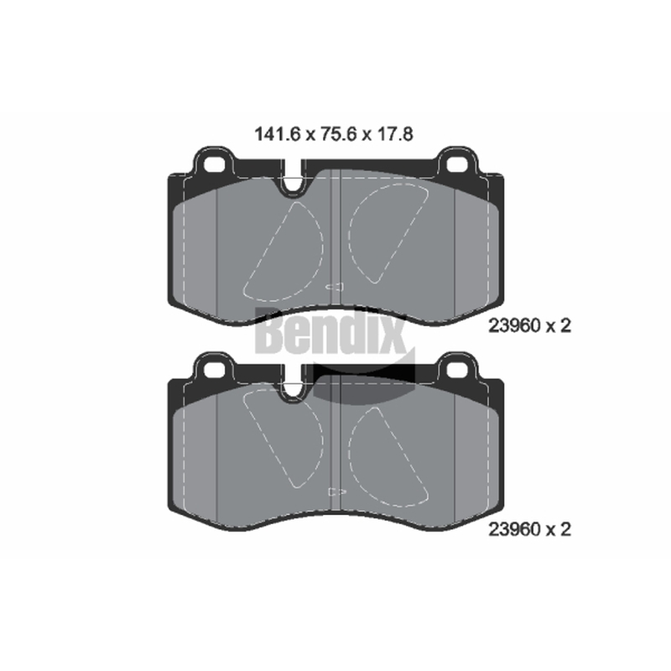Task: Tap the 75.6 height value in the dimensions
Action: point(339,134)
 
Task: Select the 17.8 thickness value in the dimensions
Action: point(395,134)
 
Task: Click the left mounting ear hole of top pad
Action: point(214,164)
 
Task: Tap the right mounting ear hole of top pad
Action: point(457,164)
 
